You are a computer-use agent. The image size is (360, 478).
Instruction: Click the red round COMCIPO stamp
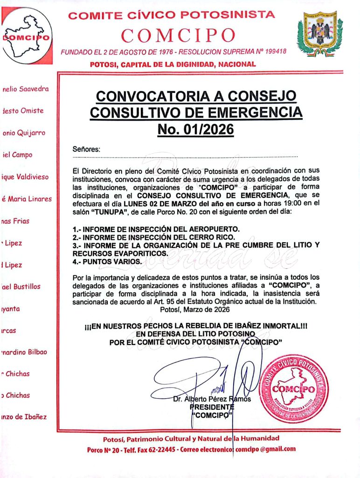click(x=293, y=388)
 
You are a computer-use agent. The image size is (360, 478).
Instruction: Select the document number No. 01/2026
click(x=195, y=129)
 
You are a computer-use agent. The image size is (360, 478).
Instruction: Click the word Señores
click(x=86, y=149)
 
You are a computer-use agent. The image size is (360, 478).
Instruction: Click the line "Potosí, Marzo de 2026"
click(x=194, y=309)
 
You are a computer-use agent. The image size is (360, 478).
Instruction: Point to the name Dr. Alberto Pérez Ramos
click(x=212, y=399)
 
